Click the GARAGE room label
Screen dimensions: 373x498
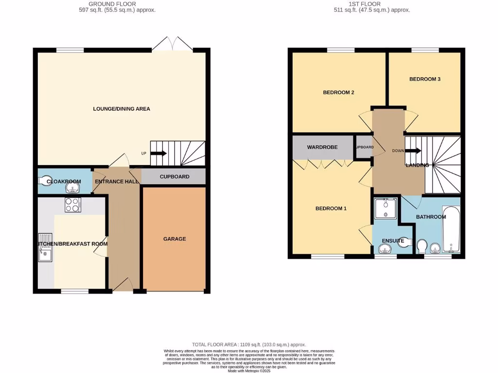coord(174,239)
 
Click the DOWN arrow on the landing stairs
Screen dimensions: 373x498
coord(413,151)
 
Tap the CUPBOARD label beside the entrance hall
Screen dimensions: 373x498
coord(175,177)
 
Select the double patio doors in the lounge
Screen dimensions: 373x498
coord(172,45)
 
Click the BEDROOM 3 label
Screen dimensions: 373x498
coord(425,79)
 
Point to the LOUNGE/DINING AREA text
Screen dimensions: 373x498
coord(122,109)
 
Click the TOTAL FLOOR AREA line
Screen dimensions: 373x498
coord(249,344)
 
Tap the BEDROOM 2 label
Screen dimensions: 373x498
coord(338,92)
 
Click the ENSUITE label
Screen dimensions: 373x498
coord(393,241)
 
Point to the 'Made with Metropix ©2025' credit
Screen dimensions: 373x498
coord(249,371)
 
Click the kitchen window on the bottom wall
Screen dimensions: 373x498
coord(74,291)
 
